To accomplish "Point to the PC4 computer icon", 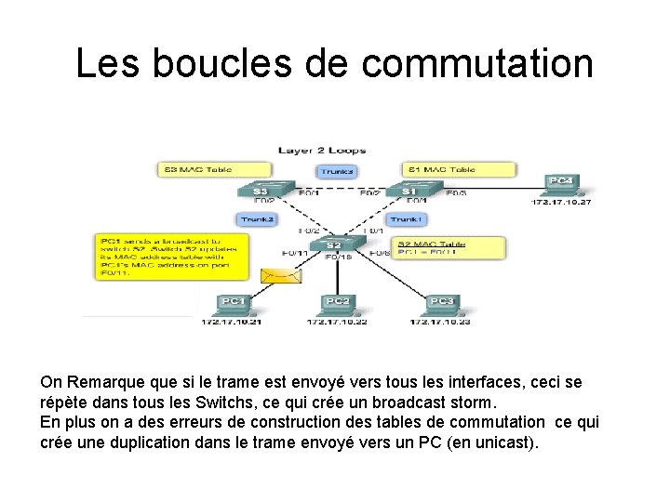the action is (x=560, y=183).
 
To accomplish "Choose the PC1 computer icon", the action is (x=232, y=303).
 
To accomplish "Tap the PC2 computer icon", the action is (x=337, y=303).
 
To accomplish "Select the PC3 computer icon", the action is (x=441, y=303).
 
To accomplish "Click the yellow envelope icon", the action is (x=276, y=276).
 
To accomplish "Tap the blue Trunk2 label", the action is (x=257, y=219).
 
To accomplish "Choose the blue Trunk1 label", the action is (x=407, y=219).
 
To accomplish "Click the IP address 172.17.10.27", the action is (x=561, y=201).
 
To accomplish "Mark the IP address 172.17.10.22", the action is (x=337, y=322).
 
